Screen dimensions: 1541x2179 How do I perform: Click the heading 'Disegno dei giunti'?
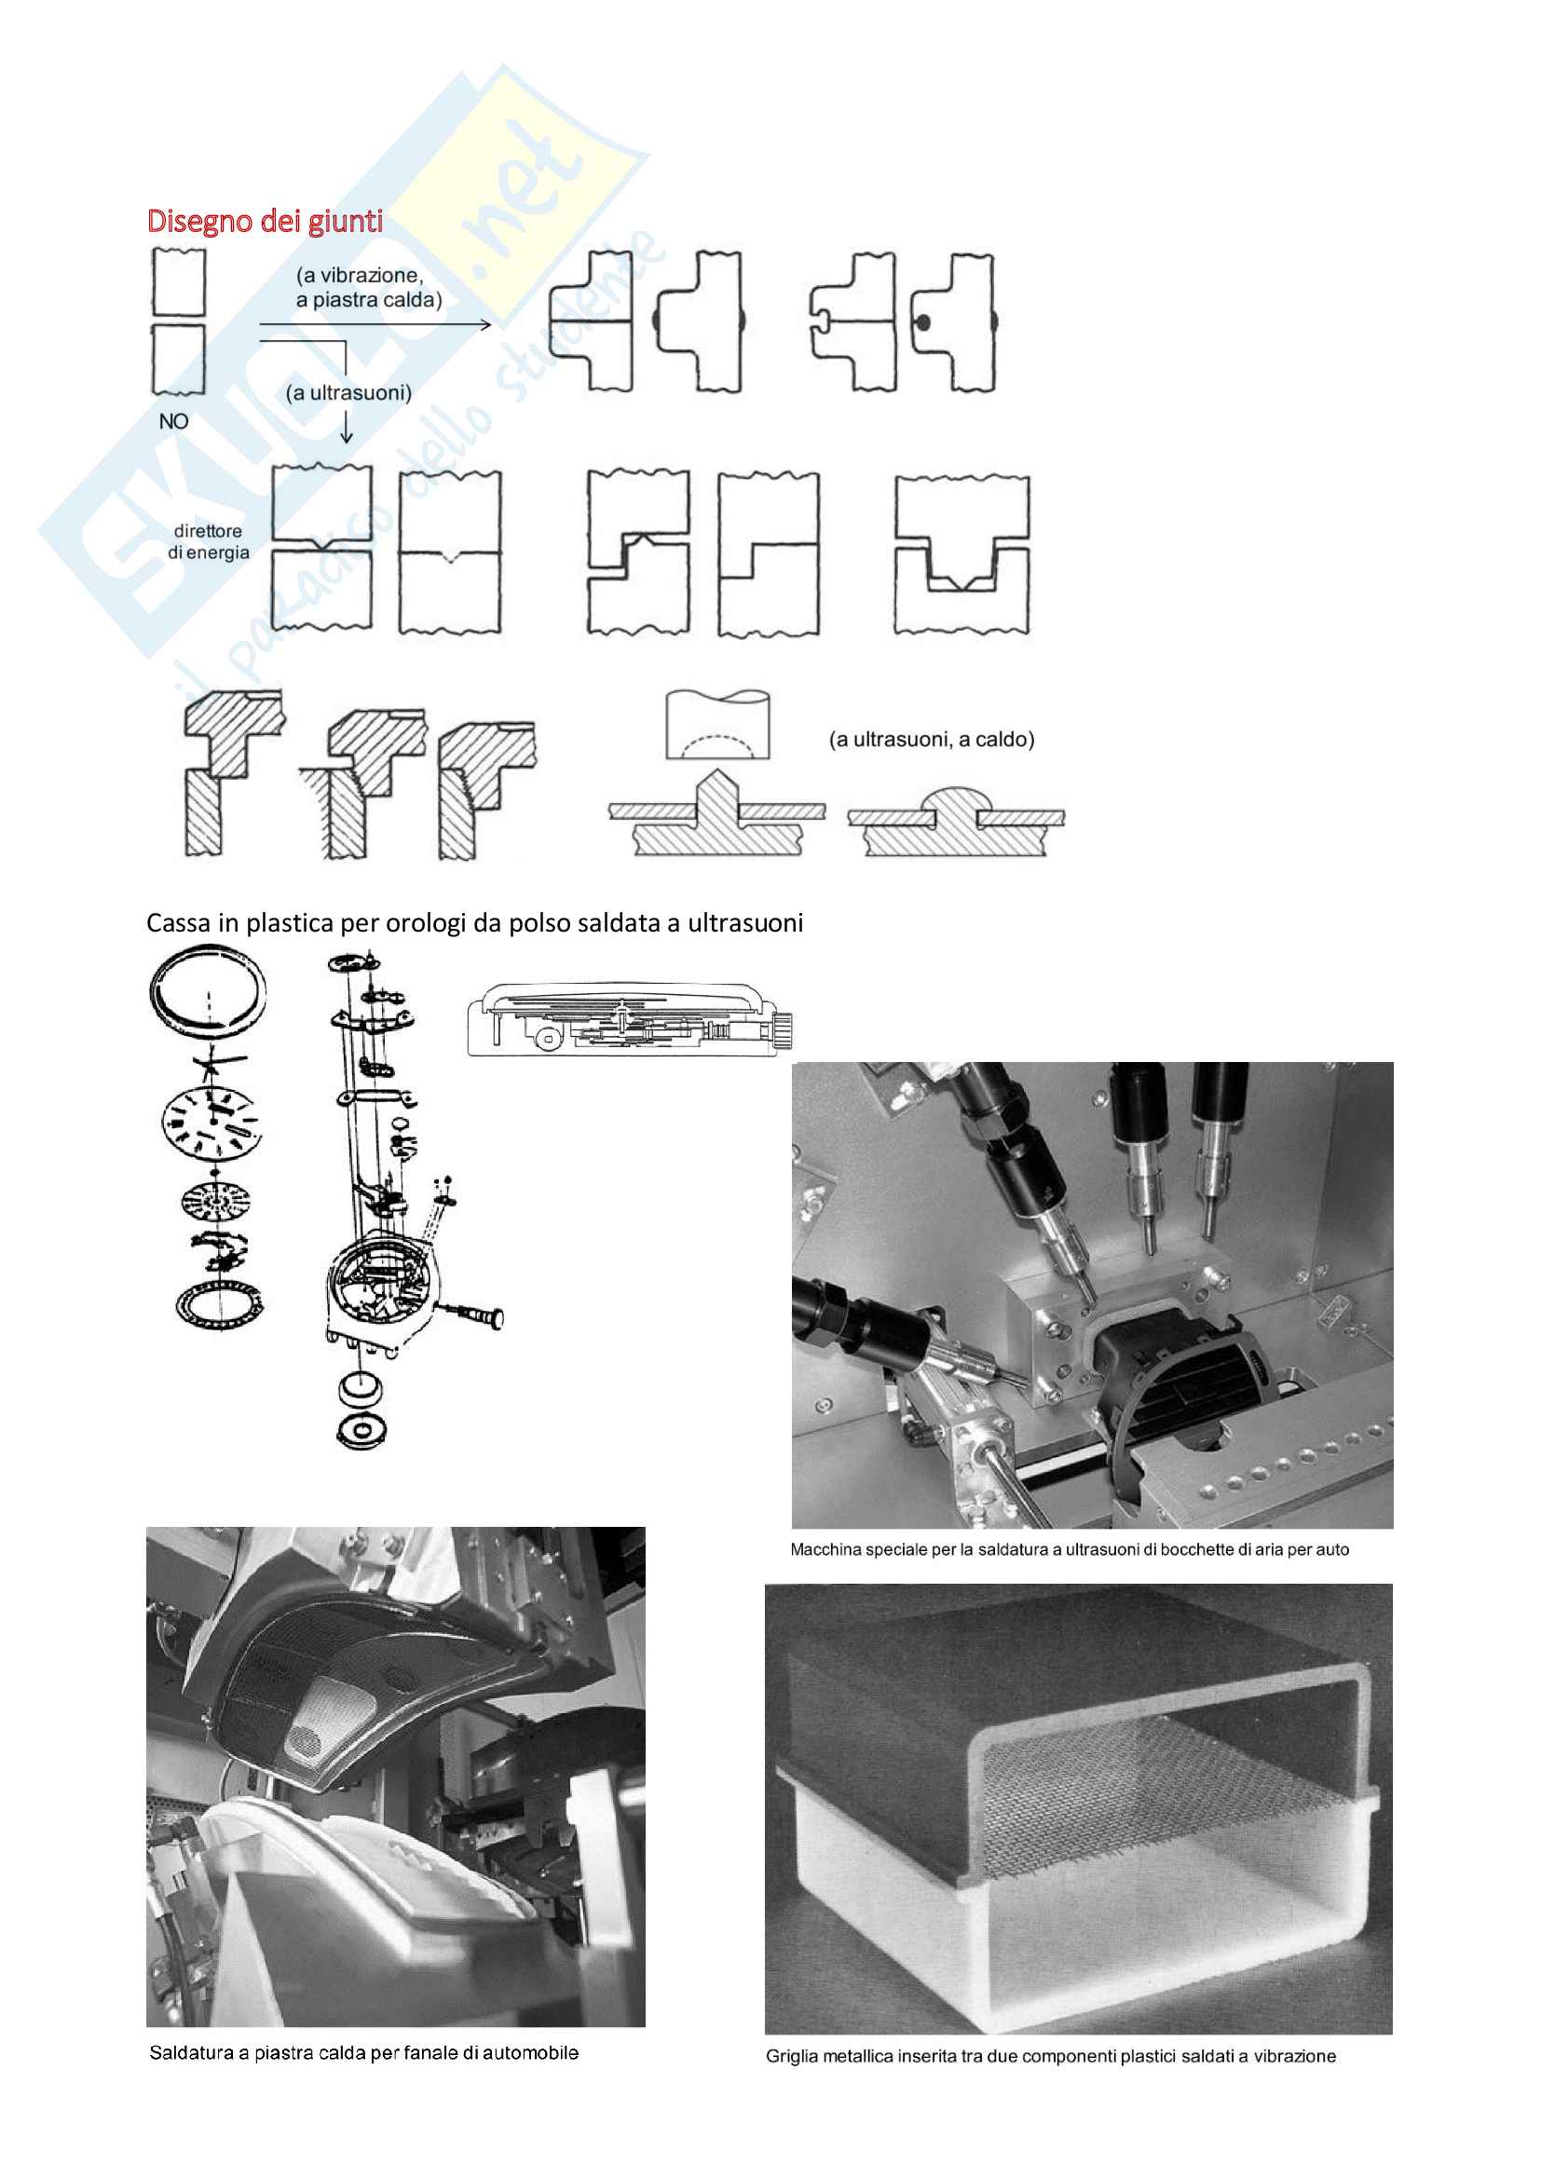[x=265, y=221]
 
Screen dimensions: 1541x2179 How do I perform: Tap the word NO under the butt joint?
[x=173, y=421]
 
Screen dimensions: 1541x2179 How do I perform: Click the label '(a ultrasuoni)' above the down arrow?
[x=349, y=393]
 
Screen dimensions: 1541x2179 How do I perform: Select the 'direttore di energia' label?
[x=208, y=542]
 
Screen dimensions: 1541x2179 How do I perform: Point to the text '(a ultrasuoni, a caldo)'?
[x=932, y=740]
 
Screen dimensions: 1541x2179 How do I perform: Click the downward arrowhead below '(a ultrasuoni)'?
[x=347, y=436]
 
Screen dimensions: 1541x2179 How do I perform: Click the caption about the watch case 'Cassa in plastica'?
[x=474, y=922]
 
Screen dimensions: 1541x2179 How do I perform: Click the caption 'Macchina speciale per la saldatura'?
[x=1070, y=1550]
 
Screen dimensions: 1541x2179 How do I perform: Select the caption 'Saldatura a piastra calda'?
[x=363, y=2053]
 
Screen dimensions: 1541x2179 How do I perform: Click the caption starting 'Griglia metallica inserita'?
[x=1050, y=2057]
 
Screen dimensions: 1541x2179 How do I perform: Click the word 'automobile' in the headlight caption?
[x=530, y=2053]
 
